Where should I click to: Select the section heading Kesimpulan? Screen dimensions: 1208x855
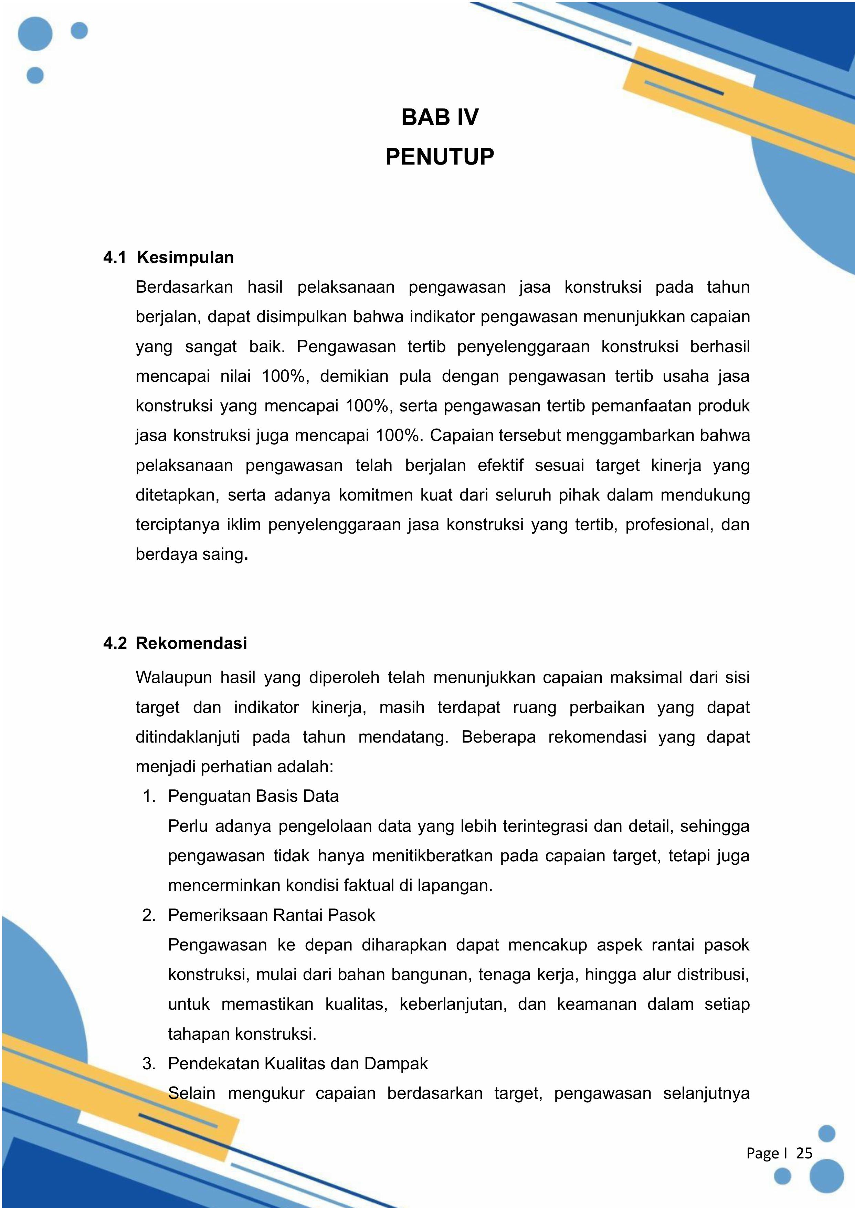pos(185,258)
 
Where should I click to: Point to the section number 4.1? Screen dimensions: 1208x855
pos(115,258)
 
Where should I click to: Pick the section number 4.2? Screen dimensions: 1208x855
pos(115,643)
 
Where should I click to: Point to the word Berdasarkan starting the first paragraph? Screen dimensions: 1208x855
pos(184,287)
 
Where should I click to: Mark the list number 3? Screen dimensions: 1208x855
pos(149,1064)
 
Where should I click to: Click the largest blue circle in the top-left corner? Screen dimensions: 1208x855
pos(35,33)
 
